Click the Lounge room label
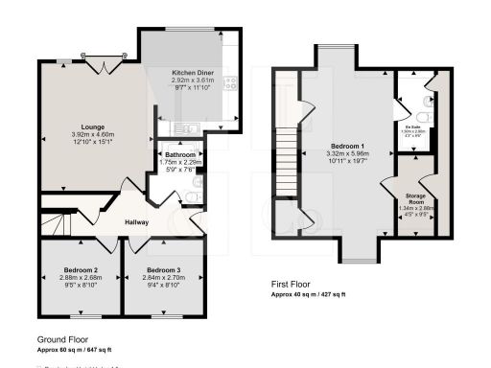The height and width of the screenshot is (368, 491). (x=92, y=126)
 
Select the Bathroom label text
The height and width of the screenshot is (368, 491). (x=180, y=154)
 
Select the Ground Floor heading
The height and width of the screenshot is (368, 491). (x=63, y=340)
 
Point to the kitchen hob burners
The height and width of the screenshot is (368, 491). (x=230, y=84)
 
